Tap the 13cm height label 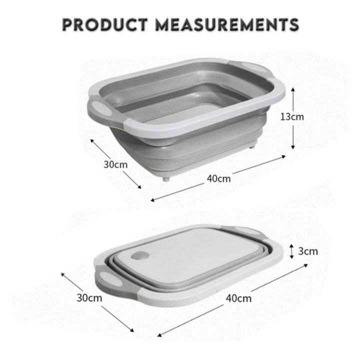(291, 117)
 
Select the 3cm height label (307, 251)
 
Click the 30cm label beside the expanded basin (115, 163)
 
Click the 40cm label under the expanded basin (219, 178)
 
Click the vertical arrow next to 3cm (292, 250)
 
